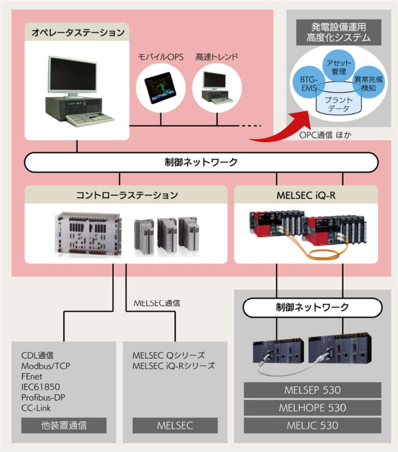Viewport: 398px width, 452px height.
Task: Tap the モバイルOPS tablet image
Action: (160, 88)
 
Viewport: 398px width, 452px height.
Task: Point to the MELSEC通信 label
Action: (157, 302)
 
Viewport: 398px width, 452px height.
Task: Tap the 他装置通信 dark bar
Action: (63, 426)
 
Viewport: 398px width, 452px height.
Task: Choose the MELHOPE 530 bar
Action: (313, 408)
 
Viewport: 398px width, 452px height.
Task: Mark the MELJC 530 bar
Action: (313, 426)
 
